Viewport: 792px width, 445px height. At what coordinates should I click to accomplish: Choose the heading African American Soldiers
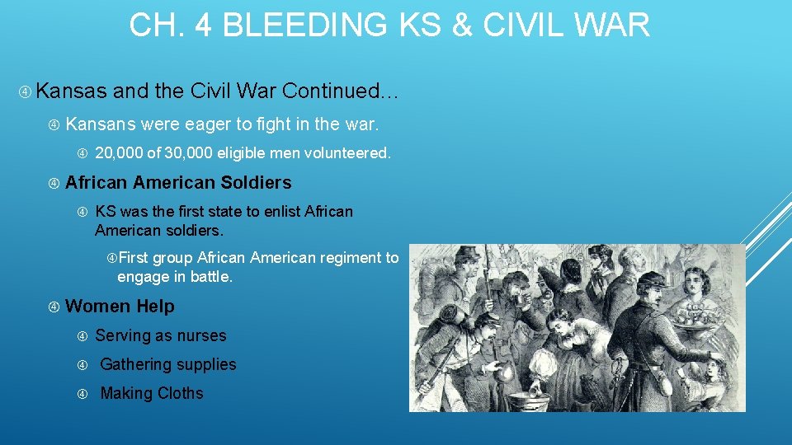click(178, 182)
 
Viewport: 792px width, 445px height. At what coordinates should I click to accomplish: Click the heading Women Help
click(120, 307)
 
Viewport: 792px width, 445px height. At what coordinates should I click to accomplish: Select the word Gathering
click(134, 364)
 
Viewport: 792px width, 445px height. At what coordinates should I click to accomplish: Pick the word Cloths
click(180, 393)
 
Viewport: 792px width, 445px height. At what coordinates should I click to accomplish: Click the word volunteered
click(346, 152)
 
